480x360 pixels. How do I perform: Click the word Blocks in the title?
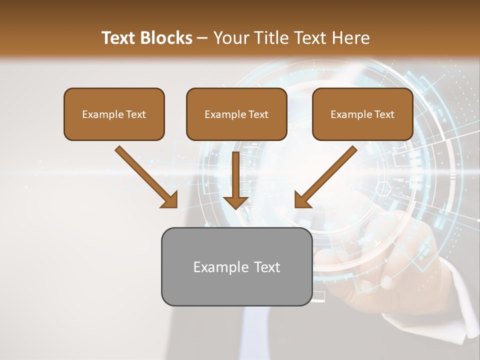166,38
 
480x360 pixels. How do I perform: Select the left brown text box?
114,114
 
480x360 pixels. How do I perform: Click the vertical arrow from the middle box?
235,175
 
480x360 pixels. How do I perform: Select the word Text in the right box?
384,114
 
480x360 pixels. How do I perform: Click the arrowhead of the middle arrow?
235,201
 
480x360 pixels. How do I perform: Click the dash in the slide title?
202,38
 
